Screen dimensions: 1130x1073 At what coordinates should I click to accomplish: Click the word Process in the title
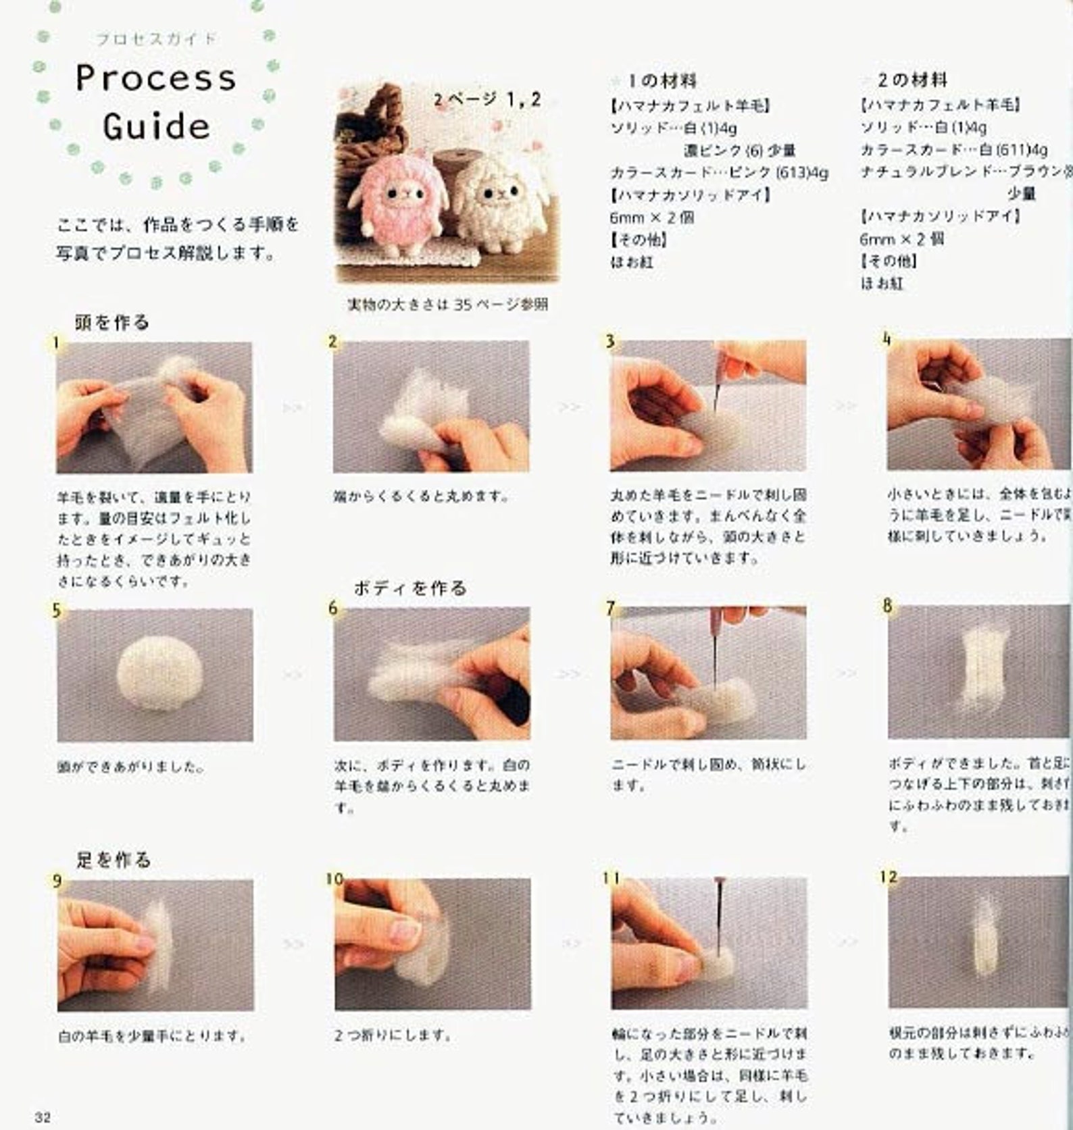pos(156,78)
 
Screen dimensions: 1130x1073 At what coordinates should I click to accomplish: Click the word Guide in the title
pos(157,127)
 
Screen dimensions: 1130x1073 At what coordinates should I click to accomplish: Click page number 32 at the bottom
pos(43,1116)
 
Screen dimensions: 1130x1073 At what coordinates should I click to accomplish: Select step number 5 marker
pos(57,611)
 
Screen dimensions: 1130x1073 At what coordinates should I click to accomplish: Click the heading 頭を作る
pos(112,322)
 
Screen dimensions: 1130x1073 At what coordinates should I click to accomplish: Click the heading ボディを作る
pos(410,588)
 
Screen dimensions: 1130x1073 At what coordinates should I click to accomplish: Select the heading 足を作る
pos(113,860)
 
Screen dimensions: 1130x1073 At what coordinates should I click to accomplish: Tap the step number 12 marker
pos(889,877)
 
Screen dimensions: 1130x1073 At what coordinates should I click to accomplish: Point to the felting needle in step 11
pos(716,912)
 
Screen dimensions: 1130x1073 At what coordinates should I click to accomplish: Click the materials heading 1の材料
pos(662,81)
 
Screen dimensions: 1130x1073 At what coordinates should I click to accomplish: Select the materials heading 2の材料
pos(912,80)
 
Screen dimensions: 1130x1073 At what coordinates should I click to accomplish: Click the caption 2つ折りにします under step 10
pos(392,1035)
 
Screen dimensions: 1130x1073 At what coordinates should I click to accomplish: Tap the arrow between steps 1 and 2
pos(292,407)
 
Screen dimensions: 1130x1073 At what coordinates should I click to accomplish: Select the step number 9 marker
pos(57,881)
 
